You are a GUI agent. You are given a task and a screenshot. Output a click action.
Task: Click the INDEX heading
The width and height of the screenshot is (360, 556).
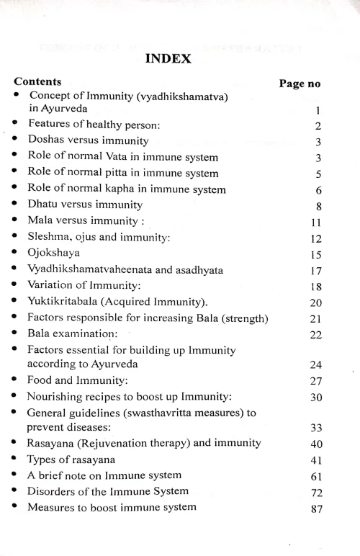(168, 58)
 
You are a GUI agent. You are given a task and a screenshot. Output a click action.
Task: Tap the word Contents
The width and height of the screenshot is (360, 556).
(37, 81)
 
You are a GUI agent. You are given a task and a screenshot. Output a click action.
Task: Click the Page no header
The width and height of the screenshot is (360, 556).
(299, 84)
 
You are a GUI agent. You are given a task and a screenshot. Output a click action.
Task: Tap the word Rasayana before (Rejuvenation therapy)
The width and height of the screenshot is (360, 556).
(54, 443)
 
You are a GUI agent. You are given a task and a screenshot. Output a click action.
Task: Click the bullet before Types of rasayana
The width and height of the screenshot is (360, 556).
(16, 459)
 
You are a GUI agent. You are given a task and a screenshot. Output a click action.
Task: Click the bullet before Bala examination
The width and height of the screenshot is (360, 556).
(16, 333)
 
